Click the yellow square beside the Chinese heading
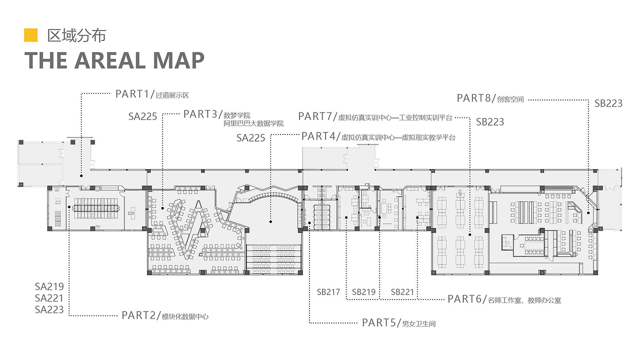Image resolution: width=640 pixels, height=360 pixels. click(31, 35)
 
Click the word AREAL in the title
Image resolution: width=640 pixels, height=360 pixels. click(110, 60)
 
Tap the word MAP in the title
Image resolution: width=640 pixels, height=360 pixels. click(179, 60)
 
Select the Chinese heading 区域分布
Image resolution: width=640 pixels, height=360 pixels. click(76, 35)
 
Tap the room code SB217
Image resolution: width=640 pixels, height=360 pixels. click(328, 292)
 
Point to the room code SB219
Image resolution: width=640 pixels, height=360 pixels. click(363, 292)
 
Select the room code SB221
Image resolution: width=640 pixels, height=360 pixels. click(402, 292)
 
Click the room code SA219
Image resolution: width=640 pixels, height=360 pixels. click(49, 286)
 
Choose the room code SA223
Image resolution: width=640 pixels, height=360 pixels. click(49, 309)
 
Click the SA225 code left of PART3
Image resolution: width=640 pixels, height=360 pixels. click(142, 116)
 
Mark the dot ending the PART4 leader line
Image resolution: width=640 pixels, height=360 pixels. click(270, 221)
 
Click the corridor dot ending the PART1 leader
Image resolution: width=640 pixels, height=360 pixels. click(81, 175)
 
